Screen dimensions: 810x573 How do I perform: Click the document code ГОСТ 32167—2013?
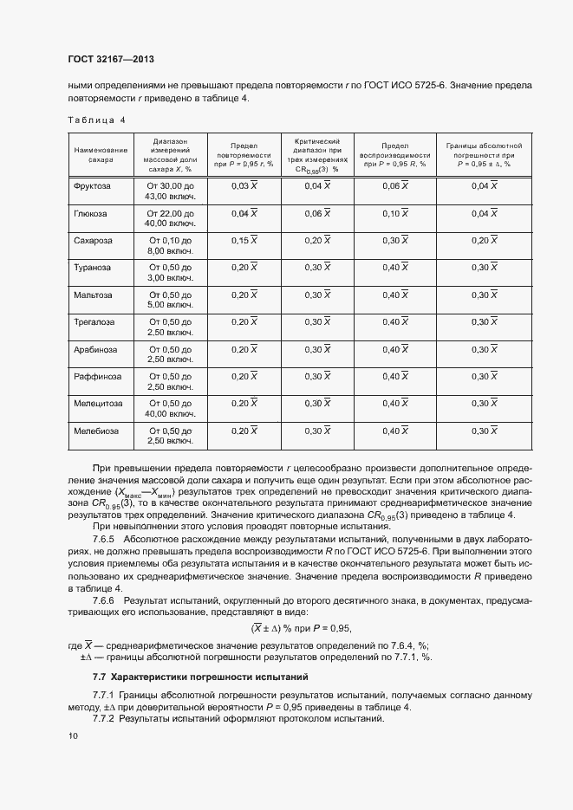(110, 59)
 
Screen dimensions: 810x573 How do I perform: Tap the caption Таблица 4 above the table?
(95, 120)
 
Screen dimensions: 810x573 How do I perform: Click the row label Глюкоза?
(93, 213)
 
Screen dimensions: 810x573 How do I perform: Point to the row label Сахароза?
(94, 240)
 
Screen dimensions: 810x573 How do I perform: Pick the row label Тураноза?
(94, 268)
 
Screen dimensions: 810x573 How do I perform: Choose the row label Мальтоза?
(94, 295)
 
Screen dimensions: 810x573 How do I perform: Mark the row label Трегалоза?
(95, 321)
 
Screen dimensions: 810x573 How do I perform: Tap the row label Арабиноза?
(95, 349)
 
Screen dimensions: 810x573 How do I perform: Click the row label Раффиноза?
(97, 376)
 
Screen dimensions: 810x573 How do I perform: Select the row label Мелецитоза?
(98, 403)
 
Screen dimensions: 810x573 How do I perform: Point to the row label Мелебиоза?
(96, 431)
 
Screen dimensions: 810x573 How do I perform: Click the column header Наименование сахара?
(101, 155)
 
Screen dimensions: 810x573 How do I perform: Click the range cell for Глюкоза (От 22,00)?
(171, 218)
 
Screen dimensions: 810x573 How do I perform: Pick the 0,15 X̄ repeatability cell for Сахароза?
(244, 240)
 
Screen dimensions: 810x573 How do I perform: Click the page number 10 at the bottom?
(73, 735)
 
